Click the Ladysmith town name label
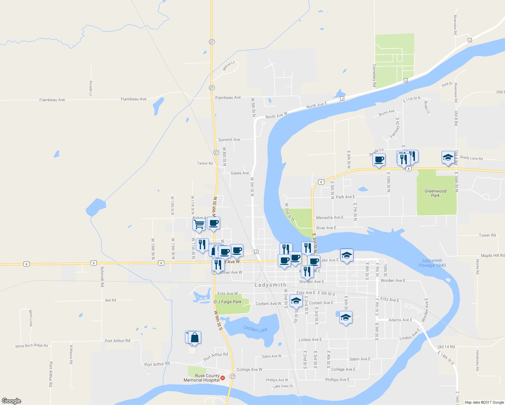pyautogui.click(x=270, y=285)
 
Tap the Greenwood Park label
pyautogui.click(x=435, y=193)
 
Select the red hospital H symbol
pyautogui.click(x=222, y=378)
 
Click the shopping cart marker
pyautogui.click(x=199, y=224)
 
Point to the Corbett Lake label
pyautogui.click(x=255, y=329)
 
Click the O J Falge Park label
pyautogui.click(x=228, y=302)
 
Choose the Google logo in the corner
pyautogui.click(x=11, y=401)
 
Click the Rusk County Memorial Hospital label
pyautogui.click(x=202, y=378)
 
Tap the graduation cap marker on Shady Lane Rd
pyautogui.click(x=448, y=157)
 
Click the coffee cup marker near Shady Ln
pyautogui.click(x=379, y=159)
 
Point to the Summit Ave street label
pyautogui.click(x=229, y=140)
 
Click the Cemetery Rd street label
pyautogui.click(x=374, y=76)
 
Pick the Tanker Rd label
pyautogui.click(x=205, y=163)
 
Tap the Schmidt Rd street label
pyautogui.click(x=102, y=276)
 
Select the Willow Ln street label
pyautogui.click(x=229, y=66)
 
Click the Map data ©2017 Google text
pyautogui.click(x=484, y=402)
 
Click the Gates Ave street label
pyautogui.click(x=240, y=173)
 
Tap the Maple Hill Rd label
pyautogui.click(x=493, y=255)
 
